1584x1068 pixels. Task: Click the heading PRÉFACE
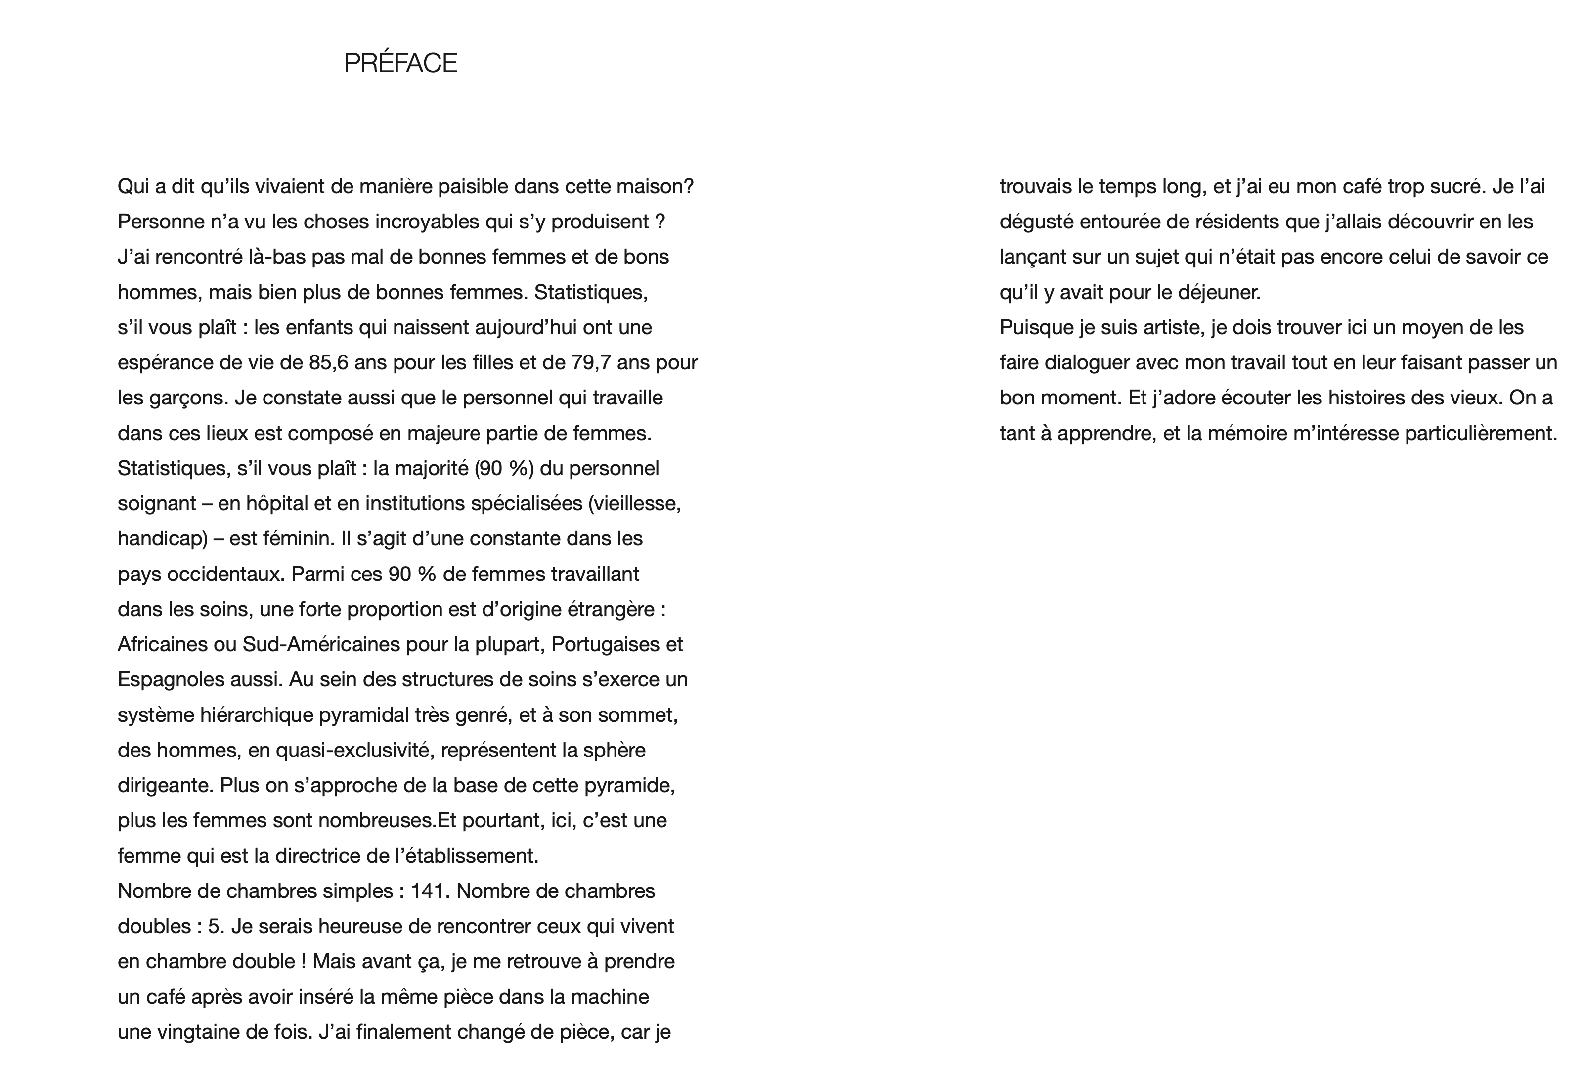pos(400,63)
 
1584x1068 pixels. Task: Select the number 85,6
pos(328,362)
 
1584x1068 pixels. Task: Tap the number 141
pos(428,891)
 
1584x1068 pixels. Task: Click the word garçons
pos(183,398)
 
